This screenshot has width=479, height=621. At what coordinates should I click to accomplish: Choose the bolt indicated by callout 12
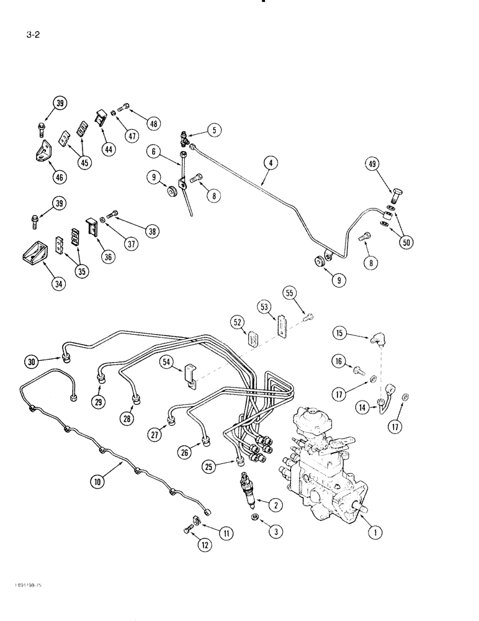(x=188, y=529)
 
